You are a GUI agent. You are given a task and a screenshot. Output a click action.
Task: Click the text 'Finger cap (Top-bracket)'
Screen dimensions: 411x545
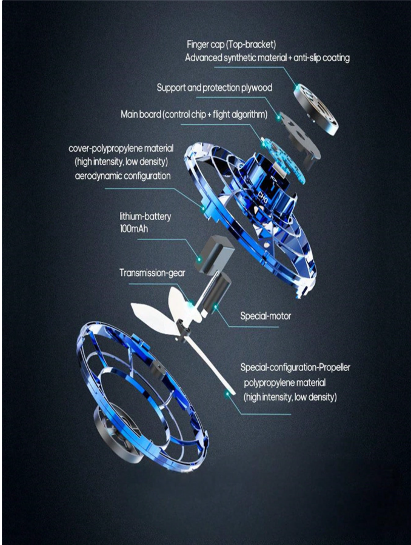(x=231, y=44)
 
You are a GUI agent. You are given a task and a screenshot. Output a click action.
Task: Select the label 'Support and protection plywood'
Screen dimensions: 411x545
(x=214, y=87)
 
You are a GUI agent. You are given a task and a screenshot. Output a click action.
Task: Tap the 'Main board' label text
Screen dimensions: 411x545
(x=141, y=114)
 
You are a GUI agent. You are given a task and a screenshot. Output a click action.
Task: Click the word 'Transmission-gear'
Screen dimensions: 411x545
(x=152, y=273)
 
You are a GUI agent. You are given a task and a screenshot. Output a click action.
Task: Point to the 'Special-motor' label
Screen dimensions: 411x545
(x=266, y=316)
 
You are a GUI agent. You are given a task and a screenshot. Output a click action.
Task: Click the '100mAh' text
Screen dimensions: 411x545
(x=134, y=229)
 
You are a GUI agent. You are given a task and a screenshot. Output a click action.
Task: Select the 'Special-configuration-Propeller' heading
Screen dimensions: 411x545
(x=295, y=367)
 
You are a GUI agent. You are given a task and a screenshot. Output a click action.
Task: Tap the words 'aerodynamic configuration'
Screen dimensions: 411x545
(x=122, y=176)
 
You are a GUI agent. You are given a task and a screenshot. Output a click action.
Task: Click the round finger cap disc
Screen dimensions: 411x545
(x=316, y=110)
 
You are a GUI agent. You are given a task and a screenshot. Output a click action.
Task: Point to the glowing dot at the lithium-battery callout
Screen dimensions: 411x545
(x=199, y=259)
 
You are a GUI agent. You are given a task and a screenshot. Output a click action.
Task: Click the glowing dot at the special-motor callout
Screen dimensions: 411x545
(x=216, y=307)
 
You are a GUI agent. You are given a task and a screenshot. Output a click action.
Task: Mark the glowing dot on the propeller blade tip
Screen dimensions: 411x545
(x=227, y=394)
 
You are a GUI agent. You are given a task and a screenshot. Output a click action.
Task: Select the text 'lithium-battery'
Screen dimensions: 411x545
(x=145, y=216)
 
